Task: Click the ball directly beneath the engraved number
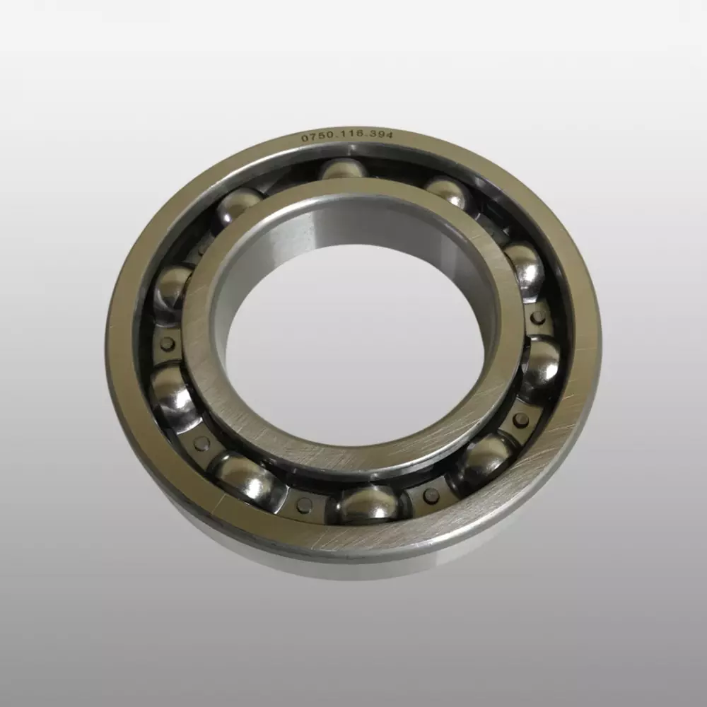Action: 344,171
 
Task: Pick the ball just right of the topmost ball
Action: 448,192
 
